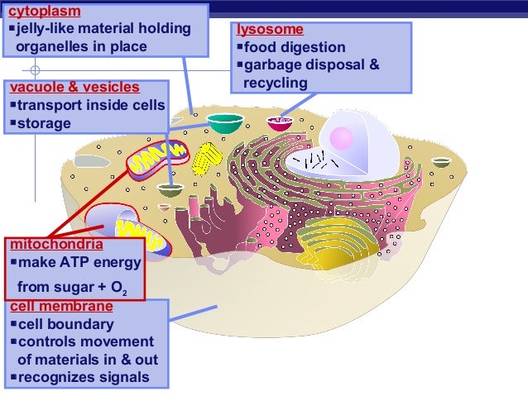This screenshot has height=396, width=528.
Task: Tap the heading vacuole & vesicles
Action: [x=74, y=88]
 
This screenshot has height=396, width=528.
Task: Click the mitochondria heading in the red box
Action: [x=56, y=245]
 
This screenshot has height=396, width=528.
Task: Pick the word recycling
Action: [x=275, y=83]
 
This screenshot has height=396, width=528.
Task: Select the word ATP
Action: [x=70, y=263]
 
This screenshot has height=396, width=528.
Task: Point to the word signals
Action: [x=121, y=378]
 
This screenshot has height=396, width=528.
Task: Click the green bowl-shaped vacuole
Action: [x=225, y=122]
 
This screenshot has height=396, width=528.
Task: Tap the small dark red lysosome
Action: [x=280, y=123]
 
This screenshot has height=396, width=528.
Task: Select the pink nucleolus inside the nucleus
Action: [x=341, y=137]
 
